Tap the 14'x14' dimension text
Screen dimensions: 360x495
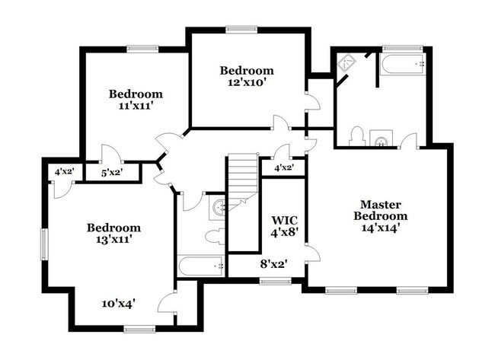point(380,226)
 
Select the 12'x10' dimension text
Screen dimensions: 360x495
point(247,82)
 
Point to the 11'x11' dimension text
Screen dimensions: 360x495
point(136,107)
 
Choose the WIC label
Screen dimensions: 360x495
point(283,221)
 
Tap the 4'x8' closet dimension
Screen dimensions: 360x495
point(283,234)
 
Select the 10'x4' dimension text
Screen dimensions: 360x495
point(118,304)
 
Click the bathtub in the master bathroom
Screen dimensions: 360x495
point(401,65)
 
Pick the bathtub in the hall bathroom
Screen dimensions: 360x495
point(200,266)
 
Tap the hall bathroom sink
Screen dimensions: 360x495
point(219,205)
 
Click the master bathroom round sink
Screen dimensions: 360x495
point(382,139)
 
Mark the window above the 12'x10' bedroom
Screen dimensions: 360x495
point(239,30)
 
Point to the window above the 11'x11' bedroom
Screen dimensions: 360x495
point(142,49)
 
